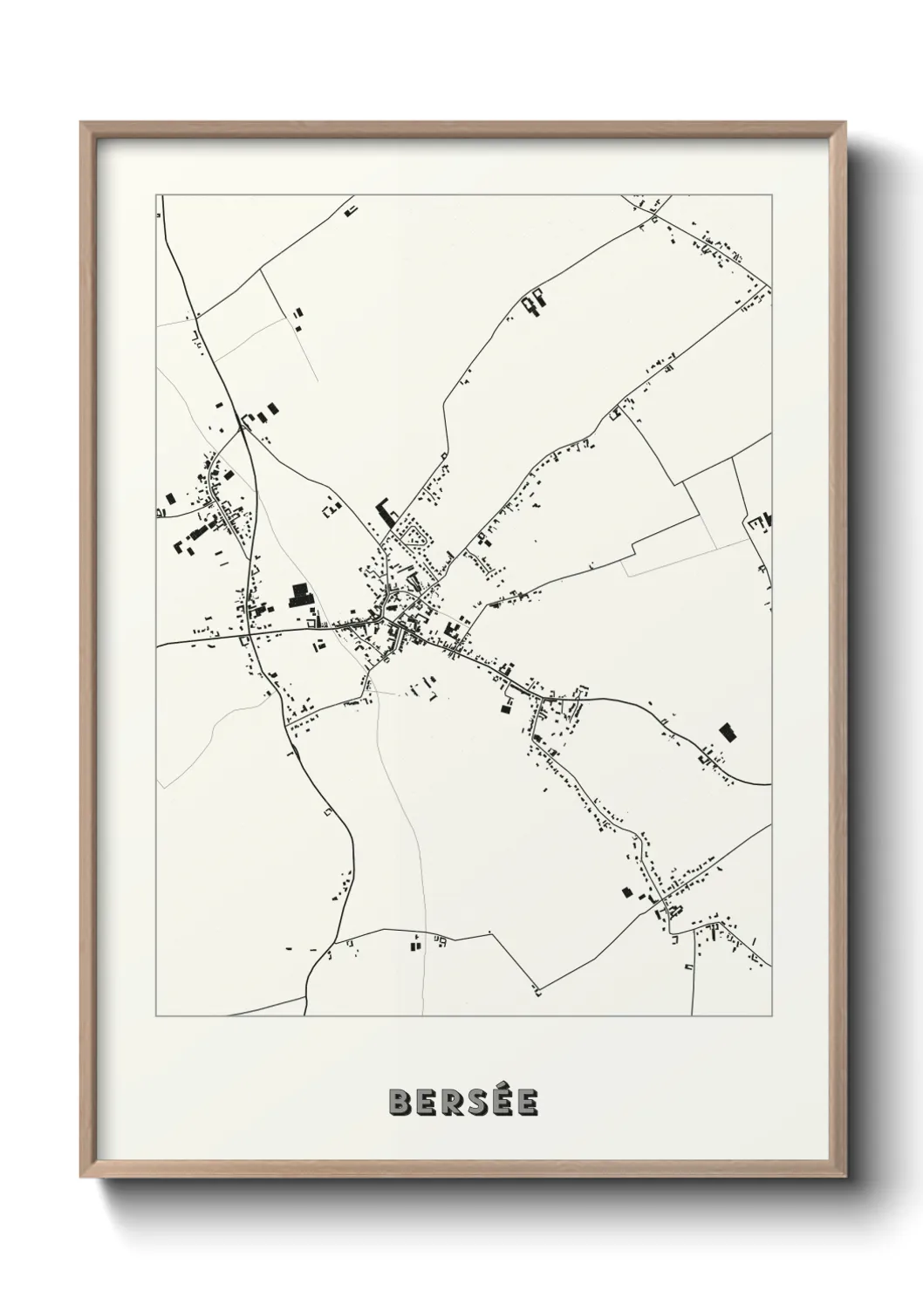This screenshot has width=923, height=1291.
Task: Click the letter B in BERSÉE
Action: click(400, 1103)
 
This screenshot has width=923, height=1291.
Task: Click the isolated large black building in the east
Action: click(725, 732)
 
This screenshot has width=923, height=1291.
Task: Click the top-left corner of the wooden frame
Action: click(82, 123)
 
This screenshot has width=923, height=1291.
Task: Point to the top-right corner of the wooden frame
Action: click(844, 123)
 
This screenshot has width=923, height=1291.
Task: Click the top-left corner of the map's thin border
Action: click(156, 195)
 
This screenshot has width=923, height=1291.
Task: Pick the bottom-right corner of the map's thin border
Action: click(771, 1016)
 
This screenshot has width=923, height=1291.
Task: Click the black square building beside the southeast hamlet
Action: click(626, 891)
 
